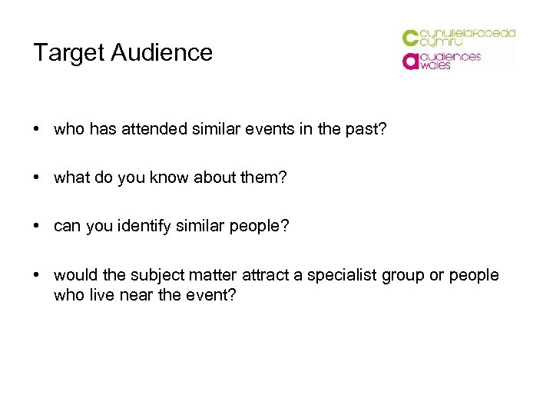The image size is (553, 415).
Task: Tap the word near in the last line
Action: (138, 294)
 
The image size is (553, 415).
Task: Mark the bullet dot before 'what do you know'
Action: (37, 178)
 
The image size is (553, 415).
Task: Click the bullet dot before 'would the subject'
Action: (37, 276)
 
